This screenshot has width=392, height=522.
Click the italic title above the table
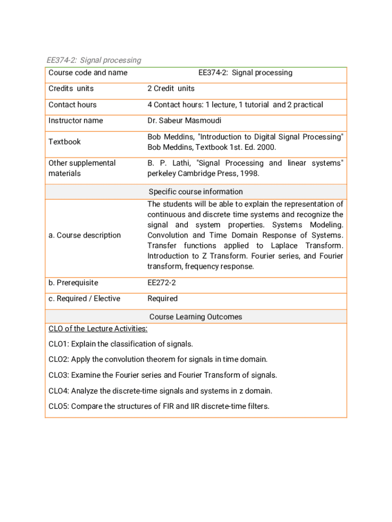click(94, 60)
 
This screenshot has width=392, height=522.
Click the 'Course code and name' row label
click(88, 73)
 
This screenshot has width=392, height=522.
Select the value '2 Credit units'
click(171, 89)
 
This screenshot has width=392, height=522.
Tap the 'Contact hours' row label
click(72, 105)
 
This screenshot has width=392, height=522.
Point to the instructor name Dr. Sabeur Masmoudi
click(184, 121)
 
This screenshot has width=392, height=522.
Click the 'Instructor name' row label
click(75, 121)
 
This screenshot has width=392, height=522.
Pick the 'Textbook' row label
click(64, 142)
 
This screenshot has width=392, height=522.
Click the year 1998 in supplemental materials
click(249, 174)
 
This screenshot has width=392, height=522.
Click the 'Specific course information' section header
click(195, 192)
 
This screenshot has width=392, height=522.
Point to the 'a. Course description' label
click(85, 236)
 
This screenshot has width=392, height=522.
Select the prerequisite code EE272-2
click(161, 283)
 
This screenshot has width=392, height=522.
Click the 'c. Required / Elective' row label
click(85, 299)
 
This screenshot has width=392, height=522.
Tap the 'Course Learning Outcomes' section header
click(195, 317)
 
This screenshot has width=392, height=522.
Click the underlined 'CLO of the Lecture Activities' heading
click(98, 329)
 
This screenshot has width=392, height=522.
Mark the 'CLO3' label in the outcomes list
click(59, 376)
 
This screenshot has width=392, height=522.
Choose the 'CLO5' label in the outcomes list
click(59, 407)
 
